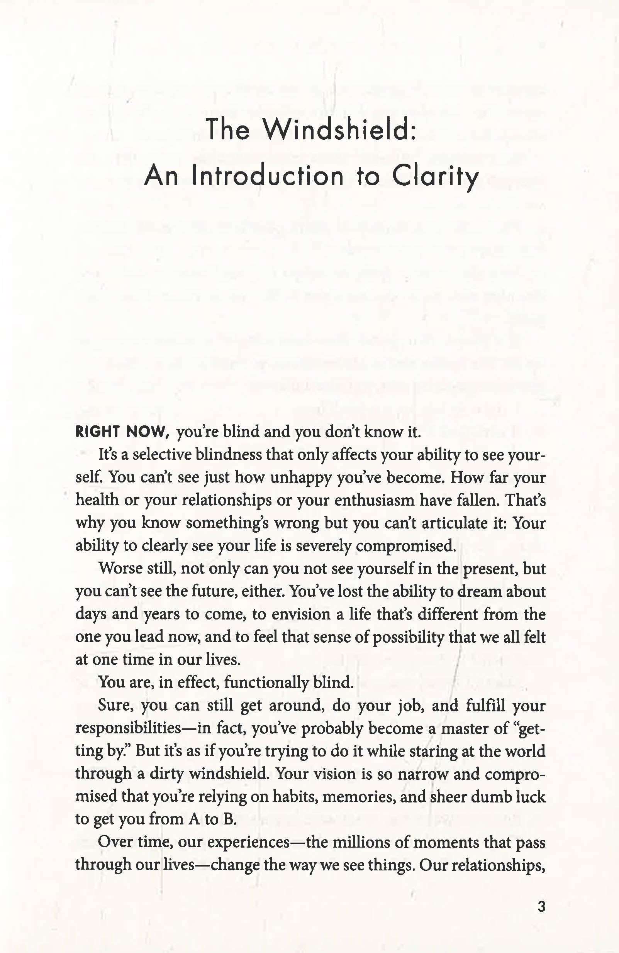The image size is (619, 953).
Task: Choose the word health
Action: [x=97, y=500]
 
